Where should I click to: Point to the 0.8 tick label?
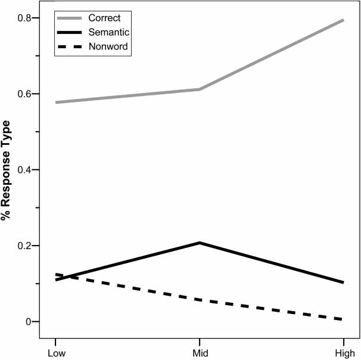[25, 18]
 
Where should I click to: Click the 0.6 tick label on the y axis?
[25, 94]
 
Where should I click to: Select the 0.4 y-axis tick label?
[25, 170]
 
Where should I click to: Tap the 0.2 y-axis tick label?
[25, 246]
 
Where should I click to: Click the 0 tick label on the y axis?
[28, 322]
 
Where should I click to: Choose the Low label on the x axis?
[55, 353]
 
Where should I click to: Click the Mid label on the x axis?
[200, 353]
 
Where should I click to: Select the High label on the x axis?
[344, 353]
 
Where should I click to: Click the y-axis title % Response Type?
[7, 170]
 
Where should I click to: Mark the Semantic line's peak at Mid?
[200, 243]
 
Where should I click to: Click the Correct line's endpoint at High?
[343, 20]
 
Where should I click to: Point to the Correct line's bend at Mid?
[200, 89]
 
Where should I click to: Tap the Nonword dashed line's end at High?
[343, 319]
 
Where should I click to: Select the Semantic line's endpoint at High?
[343, 283]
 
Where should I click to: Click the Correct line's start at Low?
[56, 103]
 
